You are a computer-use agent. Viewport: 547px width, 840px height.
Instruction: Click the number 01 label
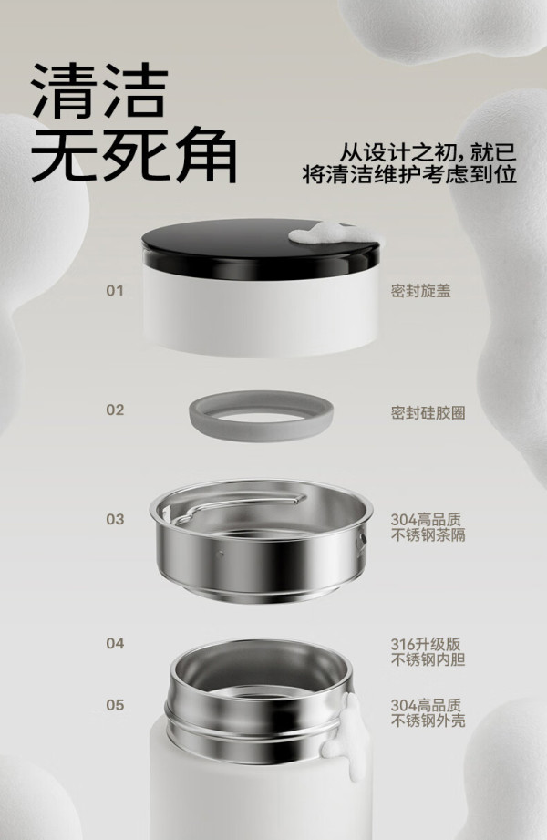pos(115,291)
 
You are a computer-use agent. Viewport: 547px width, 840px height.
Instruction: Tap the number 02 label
pos(115,410)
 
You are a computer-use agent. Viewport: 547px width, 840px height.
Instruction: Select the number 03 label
pos(115,520)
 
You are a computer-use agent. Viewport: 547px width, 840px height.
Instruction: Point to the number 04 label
pos(115,643)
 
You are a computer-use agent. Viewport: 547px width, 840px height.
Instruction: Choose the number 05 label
pos(115,705)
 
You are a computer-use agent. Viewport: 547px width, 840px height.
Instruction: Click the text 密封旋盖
pos(420,291)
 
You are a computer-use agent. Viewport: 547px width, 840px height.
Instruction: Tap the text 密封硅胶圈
pos(428,413)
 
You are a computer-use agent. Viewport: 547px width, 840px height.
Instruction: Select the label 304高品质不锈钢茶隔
pos(428,527)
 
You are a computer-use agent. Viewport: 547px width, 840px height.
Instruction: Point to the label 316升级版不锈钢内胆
pos(428,651)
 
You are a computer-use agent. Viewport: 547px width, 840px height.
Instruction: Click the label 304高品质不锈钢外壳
pos(428,713)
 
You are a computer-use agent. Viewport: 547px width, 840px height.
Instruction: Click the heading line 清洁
pos(99,91)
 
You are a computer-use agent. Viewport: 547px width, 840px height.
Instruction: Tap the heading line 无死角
pos(134,154)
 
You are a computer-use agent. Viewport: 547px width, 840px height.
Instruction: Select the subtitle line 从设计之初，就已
pos(428,152)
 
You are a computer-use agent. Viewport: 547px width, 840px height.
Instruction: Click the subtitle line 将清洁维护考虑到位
pos(409,174)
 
